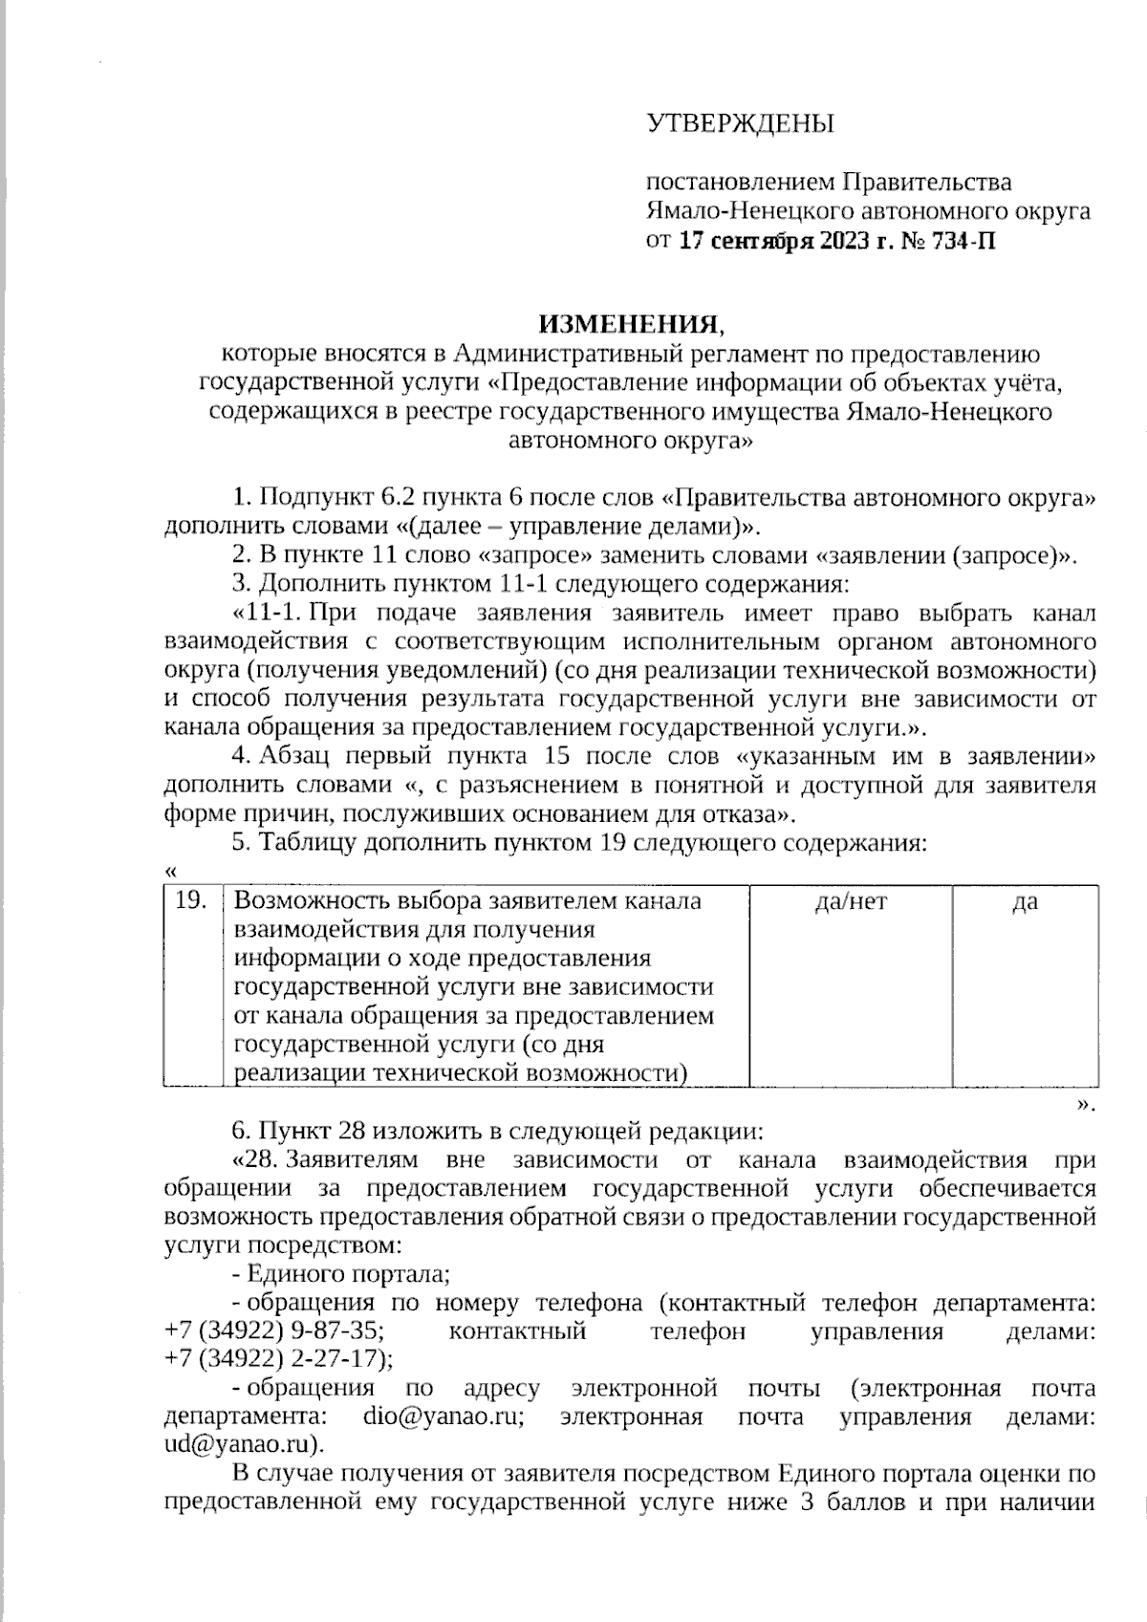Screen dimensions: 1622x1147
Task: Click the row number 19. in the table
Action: tap(192, 900)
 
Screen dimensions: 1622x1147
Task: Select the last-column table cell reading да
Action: tap(1025, 900)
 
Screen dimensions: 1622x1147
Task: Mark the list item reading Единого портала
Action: tap(348, 1274)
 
